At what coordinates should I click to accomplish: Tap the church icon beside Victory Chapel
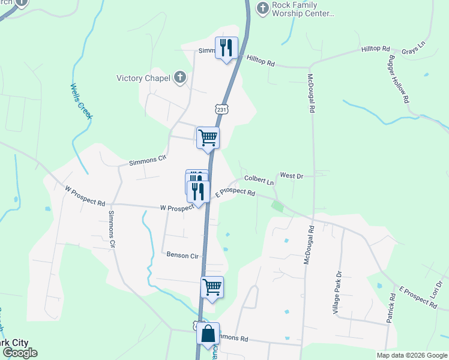click(179, 77)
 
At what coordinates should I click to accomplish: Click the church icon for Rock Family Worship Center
click(262, 8)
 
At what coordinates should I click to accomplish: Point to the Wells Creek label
click(81, 101)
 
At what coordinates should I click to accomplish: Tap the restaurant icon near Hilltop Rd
click(226, 48)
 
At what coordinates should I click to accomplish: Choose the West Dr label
click(292, 176)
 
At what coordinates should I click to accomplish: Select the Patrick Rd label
click(391, 307)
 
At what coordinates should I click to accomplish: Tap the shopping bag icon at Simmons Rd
click(208, 334)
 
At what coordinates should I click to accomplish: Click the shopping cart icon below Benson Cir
click(212, 287)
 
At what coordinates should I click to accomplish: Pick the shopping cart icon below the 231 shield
click(208, 137)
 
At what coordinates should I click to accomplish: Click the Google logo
click(19, 353)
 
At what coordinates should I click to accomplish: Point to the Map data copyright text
click(411, 355)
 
